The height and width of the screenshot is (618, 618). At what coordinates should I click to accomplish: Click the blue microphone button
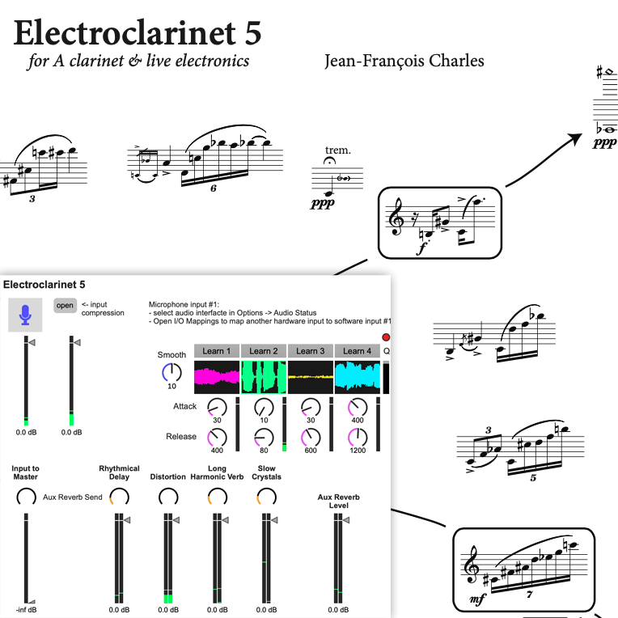pyautogui.click(x=26, y=315)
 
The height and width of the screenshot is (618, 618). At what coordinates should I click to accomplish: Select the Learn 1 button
pyautogui.click(x=217, y=351)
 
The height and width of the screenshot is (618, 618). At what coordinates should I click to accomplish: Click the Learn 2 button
pyautogui.click(x=264, y=351)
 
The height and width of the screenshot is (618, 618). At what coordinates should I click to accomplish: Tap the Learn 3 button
pyautogui.click(x=311, y=351)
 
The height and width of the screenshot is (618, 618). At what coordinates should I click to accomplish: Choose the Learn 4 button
pyautogui.click(x=357, y=351)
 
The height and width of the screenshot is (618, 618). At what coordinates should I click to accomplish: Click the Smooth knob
pyautogui.click(x=171, y=373)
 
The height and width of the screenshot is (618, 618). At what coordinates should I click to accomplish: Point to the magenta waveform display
pyautogui.click(x=217, y=377)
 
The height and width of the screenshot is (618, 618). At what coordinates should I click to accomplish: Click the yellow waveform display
pyautogui.click(x=311, y=377)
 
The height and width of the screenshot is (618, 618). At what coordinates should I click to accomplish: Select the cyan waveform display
pyautogui.click(x=357, y=377)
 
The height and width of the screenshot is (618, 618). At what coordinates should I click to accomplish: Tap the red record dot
pyautogui.click(x=385, y=337)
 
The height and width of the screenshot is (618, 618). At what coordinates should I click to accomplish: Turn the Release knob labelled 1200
pyautogui.click(x=357, y=438)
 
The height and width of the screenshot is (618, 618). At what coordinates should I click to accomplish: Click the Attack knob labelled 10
pyautogui.click(x=264, y=407)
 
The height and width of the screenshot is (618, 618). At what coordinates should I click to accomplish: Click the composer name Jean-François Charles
pyautogui.click(x=404, y=61)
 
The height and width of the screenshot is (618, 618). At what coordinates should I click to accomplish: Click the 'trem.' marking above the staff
pyautogui.click(x=337, y=150)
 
